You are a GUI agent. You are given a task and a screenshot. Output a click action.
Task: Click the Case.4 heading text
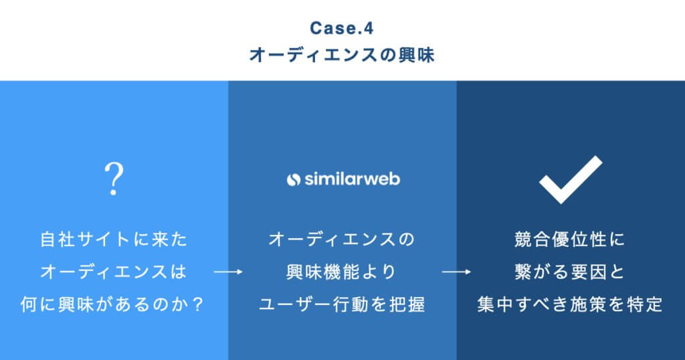click(342, 29)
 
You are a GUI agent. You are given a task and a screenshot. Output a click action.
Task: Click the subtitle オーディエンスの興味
click(342, 56)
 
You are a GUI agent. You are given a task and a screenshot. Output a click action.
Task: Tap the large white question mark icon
click(114, 177)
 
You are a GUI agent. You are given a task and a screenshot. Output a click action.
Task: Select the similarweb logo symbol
click(293, 179)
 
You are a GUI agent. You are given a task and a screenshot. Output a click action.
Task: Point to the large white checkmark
click(571, 179)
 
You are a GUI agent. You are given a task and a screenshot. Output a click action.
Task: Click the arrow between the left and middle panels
click(227, 272)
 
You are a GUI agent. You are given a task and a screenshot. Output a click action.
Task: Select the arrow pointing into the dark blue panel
click(456, 272)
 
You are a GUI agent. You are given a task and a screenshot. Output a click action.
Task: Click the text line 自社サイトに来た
click(114, 239)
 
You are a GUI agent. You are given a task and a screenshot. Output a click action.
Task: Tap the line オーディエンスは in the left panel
click(114, 272)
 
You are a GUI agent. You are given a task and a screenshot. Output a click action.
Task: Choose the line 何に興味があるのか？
click(114, 305)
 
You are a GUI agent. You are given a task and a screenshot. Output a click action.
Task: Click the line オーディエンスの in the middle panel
click(342, 239)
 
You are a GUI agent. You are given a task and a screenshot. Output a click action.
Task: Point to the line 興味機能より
click(342, 272)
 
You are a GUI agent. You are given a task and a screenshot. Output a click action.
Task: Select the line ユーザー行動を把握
click(342, 305)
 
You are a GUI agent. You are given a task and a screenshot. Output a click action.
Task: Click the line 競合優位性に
click(571, 239)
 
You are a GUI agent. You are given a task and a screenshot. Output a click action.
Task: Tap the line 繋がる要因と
click(571, 272)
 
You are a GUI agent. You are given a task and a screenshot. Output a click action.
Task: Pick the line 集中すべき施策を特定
click(571, 305)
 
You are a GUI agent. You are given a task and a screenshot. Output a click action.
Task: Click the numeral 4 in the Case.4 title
click(368, 29)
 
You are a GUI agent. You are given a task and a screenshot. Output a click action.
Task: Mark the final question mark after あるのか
click(198, 305)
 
